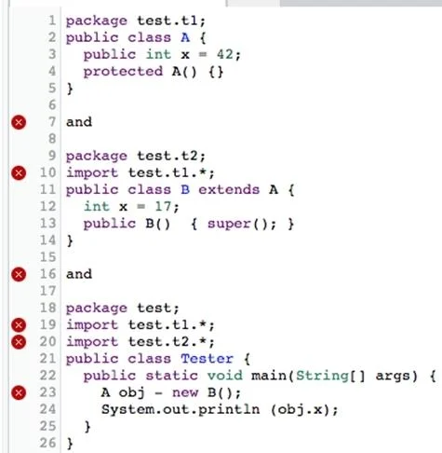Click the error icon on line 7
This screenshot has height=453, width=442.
tap(19, 122)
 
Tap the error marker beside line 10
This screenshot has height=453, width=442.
tap(19, 172)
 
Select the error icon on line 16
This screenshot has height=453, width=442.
tap(19, 274)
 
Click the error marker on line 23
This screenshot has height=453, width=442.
tap(19, 392)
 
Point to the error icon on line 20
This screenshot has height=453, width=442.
tap(19, 342)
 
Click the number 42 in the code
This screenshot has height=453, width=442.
tap(225, 55)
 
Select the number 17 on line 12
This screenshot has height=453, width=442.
tap(163, 207)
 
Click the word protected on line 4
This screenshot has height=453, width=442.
tap(123, 72)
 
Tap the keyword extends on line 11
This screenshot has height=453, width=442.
tap(229, 189)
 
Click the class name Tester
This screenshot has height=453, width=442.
tap(207, 359)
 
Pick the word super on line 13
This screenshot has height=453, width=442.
tap(229, 224)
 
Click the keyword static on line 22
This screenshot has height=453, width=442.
tap(171, 376)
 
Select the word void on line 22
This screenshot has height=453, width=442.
tap(225, 376)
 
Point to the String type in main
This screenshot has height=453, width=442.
tap(322, 376)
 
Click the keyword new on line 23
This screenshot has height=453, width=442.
tap(185, 393)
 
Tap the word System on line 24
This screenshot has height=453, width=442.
tap(127, 409)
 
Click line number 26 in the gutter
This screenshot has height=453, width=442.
tap(47, 443)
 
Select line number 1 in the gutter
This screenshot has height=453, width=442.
tap(52, 21)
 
